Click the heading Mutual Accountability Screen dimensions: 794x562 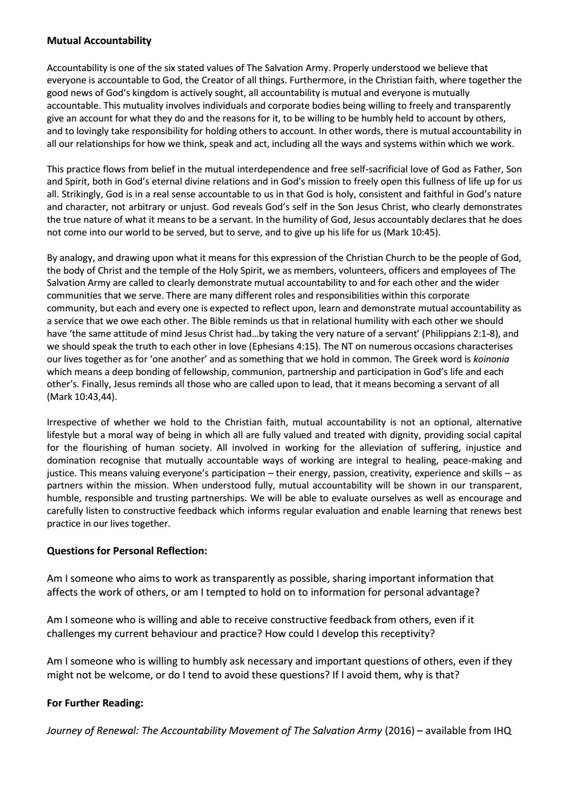pyautogui.click(x=99, y=40)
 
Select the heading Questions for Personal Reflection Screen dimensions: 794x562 pyautogui.click(x=127, y=551)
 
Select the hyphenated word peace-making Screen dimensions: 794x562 pyautogui.click(x=469, y=460)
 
